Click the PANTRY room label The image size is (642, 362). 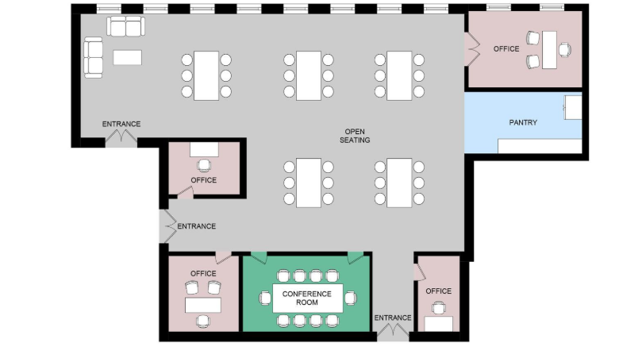523,122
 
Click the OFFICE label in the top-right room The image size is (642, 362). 506,49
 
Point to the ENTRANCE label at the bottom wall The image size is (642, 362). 393,318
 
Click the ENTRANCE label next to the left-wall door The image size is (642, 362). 196,226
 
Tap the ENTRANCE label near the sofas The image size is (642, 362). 121,124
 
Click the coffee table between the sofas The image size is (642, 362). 127,57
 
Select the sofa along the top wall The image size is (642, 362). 127,27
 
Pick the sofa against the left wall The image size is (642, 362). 94,57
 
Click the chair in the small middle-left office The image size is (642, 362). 205,165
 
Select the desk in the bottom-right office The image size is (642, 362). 439,323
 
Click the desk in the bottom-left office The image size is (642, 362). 203,305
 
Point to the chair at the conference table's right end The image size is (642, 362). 351,298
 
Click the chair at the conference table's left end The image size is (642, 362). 264,298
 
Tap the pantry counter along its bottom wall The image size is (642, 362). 540,146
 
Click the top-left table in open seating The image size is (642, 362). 206,75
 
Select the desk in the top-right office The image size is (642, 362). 549,50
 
